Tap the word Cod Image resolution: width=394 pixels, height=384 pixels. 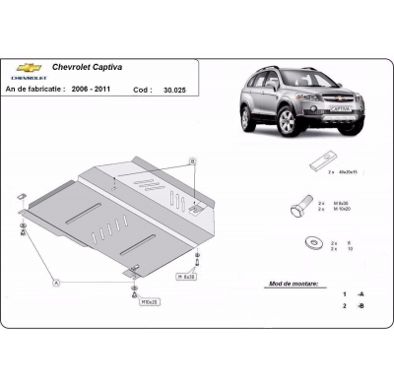[142, 89]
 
